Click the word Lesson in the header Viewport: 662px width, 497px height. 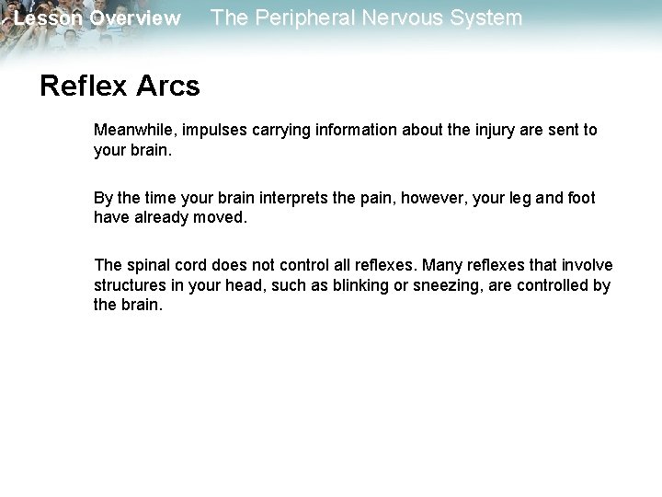[49, 18]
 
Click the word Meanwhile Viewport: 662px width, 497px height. [134, 130]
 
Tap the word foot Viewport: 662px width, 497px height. [579, 199]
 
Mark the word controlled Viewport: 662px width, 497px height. [556, 285]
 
